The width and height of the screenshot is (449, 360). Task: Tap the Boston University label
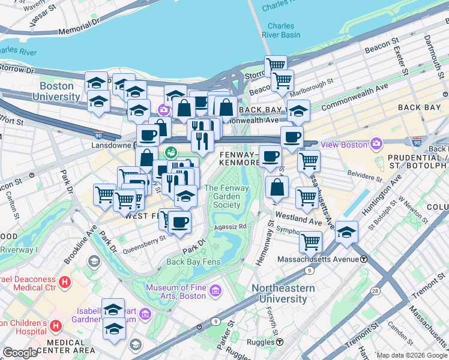point(56,91)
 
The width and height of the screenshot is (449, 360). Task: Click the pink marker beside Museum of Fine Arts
point(215,291)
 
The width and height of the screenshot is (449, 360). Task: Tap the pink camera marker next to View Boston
point(376,143)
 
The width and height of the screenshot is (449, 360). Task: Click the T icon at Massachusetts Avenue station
point(363,259)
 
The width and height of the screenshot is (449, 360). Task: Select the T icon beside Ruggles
point(280,342)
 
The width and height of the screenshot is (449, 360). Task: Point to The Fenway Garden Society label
point(223,196)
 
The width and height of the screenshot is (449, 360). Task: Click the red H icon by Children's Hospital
point(56,326)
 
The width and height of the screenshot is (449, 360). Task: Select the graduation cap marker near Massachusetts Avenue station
point(346,232)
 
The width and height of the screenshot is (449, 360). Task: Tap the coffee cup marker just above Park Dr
point(180,223)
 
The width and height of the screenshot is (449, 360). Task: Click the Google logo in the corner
point(20,353)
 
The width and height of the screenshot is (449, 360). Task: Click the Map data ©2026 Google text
point(412,355)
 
